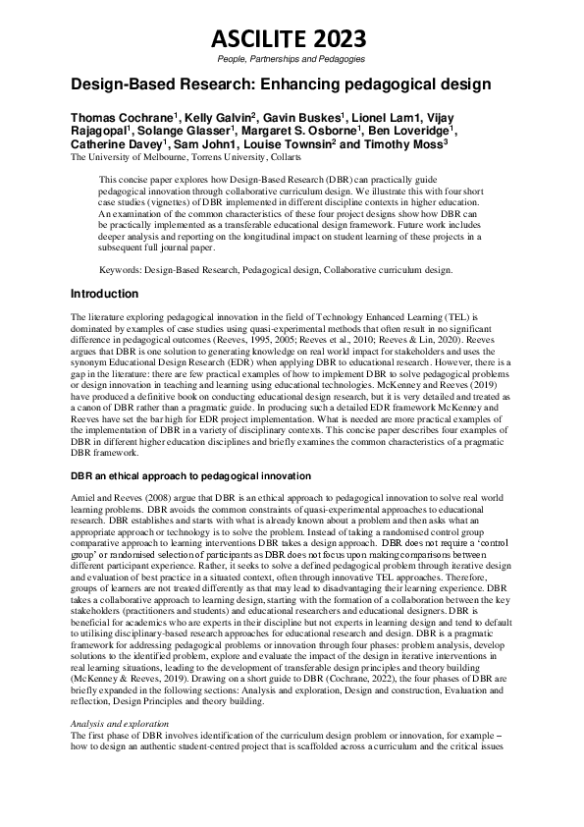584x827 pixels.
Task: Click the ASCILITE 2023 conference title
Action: tap(291, 39)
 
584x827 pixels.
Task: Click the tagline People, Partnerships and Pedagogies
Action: tap(291, 60)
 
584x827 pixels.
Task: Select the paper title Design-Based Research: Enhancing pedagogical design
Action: tap(281, 84)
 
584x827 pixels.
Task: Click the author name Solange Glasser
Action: tap(187, 131)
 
